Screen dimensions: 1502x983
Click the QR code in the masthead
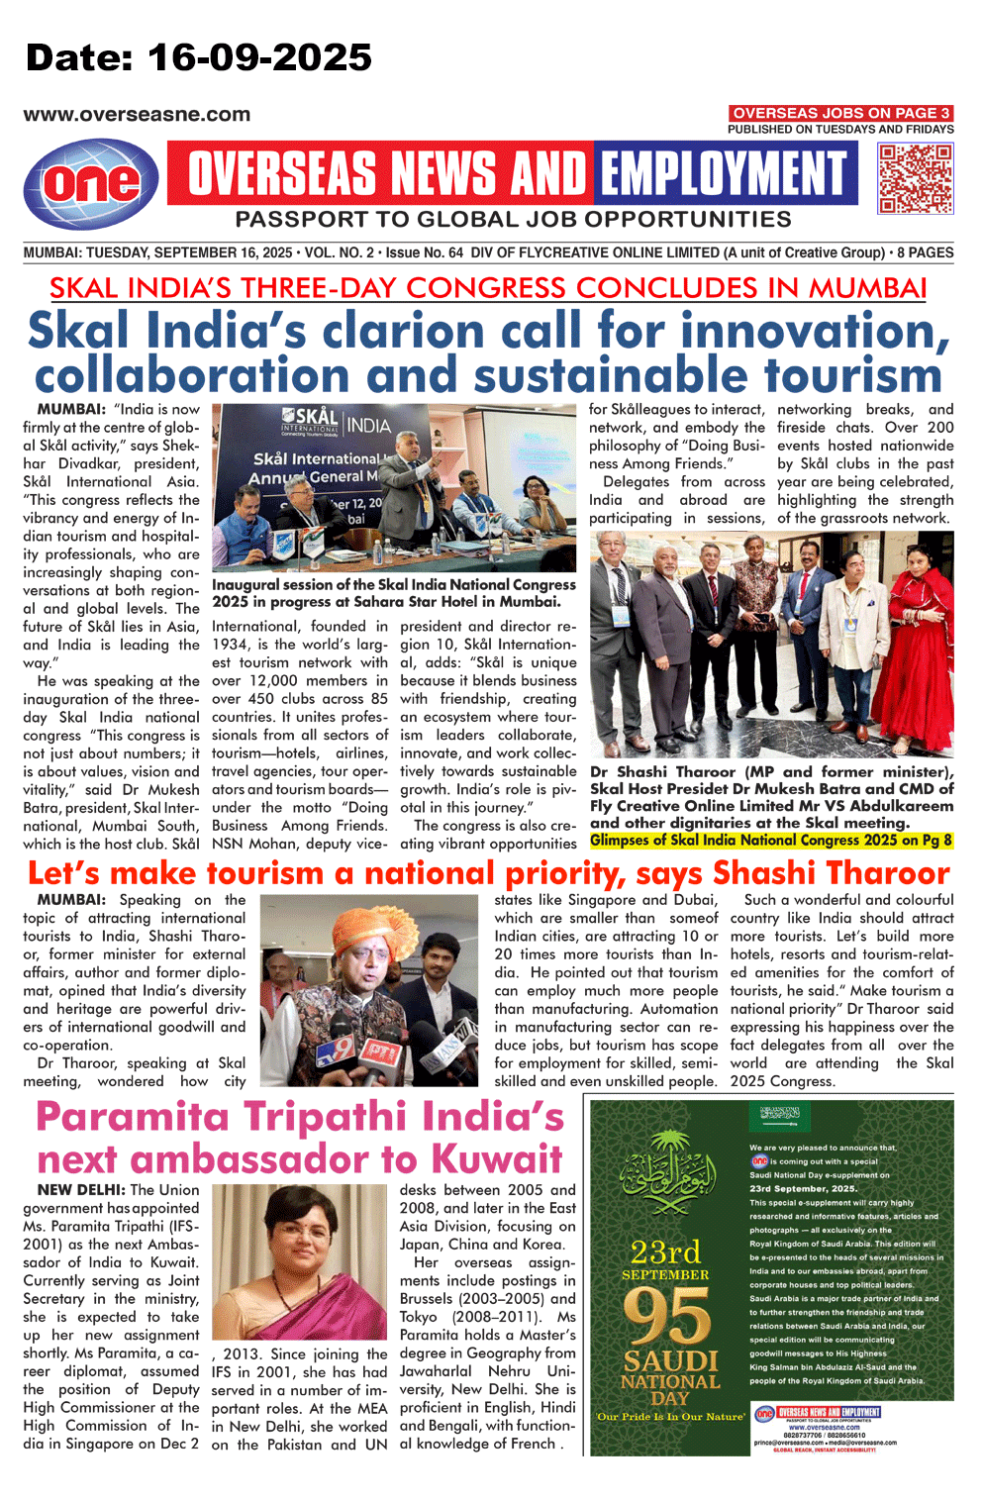(916, 178)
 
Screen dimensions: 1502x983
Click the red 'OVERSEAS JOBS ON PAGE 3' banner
(840, 114)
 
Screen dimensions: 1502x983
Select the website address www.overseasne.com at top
(137, 115)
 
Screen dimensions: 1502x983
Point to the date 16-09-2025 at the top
(259, 58)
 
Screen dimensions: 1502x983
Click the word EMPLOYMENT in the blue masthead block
(724, 174)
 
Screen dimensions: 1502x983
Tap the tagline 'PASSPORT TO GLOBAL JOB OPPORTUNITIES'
(513, 219)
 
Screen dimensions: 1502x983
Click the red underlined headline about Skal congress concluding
(488, 288)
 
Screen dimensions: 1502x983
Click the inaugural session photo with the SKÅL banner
(394, 488)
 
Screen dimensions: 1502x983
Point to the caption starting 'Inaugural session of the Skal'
(393, 593)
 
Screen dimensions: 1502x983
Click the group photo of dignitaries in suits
(771, 645)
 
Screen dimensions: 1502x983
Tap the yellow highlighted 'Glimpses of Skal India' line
(771, 841)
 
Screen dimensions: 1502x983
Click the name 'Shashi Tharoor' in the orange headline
(831, 873)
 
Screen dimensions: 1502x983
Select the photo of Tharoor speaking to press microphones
(376, 991)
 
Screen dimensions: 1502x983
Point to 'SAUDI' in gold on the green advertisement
(670, 1360)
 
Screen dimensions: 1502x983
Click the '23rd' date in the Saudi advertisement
(665, 1252)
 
